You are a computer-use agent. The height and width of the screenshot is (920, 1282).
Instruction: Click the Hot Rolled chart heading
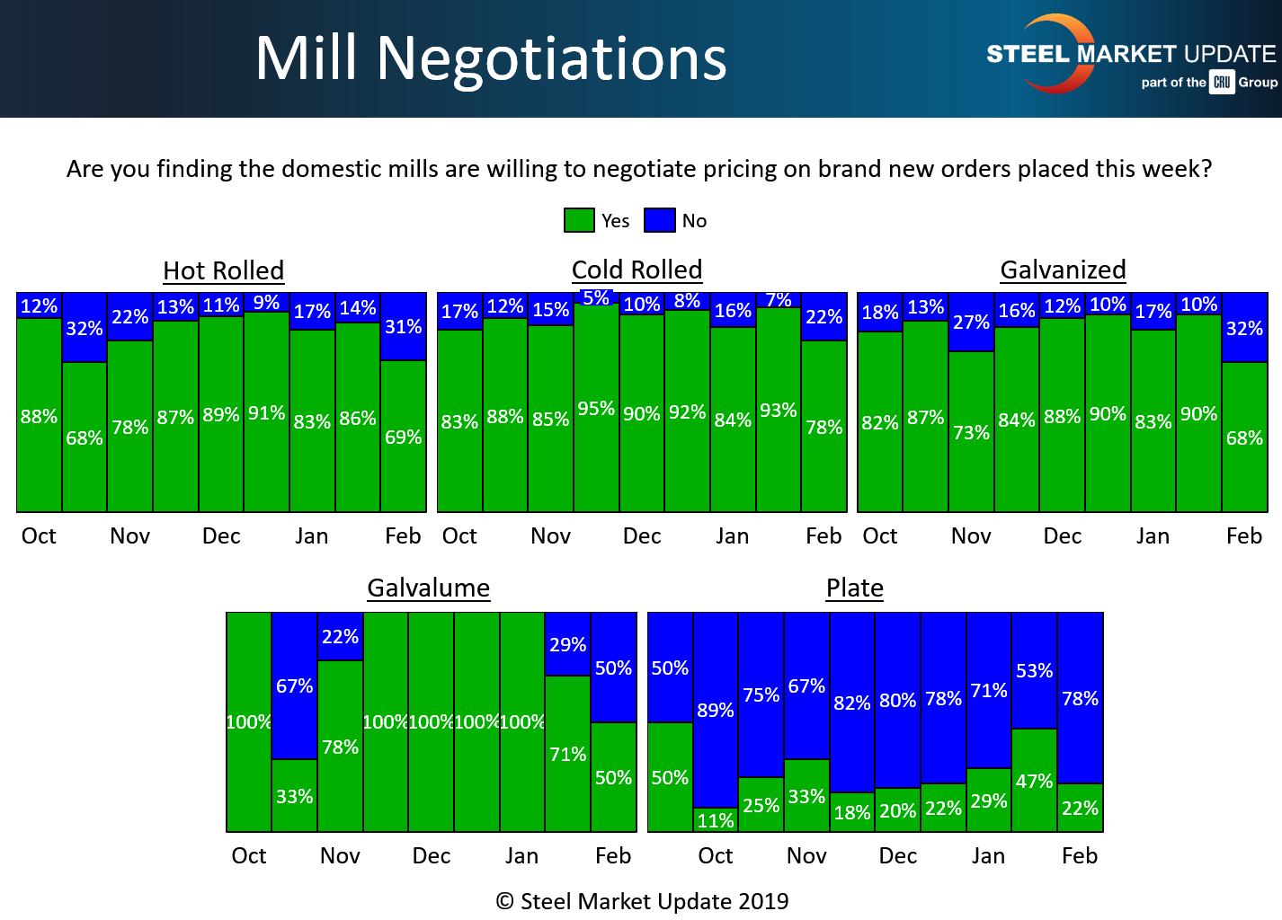[x=223, y=270]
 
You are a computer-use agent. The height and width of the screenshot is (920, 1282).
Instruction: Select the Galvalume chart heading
[x=429, y=588]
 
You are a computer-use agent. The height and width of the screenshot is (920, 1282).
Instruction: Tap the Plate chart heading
[x=855, y=588]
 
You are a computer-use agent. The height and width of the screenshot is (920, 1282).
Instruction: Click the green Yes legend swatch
[x=579, y=220]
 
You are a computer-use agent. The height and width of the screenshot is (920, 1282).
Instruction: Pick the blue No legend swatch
[x=660, y=220]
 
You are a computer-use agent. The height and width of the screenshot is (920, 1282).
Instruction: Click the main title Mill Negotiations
[x=491, y=59]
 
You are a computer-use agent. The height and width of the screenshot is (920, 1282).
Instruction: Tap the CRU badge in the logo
[x=1222, y=82]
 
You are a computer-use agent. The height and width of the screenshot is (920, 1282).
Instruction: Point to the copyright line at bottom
[x=642, y=901]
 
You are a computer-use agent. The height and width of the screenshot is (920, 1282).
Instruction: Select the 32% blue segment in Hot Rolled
[x=85, y=328]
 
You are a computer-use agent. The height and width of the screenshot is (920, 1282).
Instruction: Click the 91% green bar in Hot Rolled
[x=266, y=412]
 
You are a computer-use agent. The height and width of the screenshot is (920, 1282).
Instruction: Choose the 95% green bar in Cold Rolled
[x=596, y=409]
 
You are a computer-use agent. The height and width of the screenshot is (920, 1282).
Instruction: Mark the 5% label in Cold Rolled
[x=596, y=297]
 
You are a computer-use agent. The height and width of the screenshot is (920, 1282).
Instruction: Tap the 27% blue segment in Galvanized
[x=971, y=322]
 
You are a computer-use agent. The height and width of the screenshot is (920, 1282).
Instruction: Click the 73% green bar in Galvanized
[x=971, y=432]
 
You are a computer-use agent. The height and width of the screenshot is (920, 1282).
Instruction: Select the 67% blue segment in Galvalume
[x=294, y=686]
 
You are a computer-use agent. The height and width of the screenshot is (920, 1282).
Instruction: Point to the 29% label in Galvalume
[x=567, y=644]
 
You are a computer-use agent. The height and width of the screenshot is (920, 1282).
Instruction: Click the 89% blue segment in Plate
[x=716, y=710]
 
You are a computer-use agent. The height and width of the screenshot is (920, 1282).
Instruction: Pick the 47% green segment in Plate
[x=1034, y=781]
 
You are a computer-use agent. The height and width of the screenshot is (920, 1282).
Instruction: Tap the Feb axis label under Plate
[x=1080, y=855]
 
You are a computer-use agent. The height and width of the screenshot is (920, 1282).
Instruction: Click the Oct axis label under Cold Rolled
[x=459, y=535]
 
